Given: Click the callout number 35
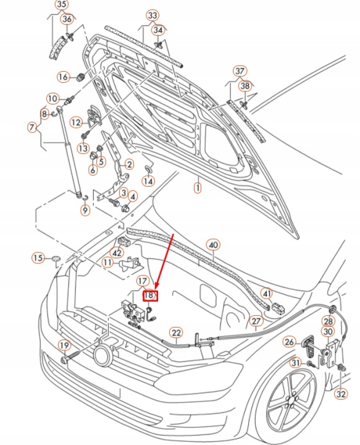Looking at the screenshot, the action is [62, 4].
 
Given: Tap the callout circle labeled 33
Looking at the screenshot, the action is [153, 15].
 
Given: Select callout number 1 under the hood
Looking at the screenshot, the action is [198, 188].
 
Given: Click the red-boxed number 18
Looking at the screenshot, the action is [150, 295].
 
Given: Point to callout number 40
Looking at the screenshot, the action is [214, 245].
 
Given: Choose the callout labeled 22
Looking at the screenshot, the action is [176, 333].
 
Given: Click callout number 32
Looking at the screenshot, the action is [341, 394].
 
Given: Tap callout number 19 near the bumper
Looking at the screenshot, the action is [64, 345].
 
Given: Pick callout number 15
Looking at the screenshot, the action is [38, 258].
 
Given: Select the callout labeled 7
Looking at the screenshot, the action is [32, 127].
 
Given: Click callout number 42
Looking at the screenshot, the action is [117, 253].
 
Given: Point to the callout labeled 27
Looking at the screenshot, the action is [256, 321].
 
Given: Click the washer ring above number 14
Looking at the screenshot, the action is [149, 170].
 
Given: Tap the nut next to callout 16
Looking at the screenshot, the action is [81, 77].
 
